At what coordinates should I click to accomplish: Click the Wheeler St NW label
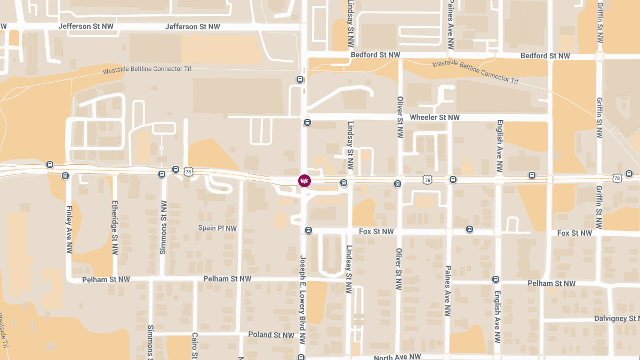pos(434,117)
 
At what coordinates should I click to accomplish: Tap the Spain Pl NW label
pos(217,228)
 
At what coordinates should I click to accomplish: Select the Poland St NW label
pos(271,335)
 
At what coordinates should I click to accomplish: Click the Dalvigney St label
pos(617,319)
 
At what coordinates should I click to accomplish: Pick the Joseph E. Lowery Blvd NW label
pos(302,299)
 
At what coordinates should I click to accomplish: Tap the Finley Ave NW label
pos(69,229)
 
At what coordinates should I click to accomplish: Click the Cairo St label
pos(195,347)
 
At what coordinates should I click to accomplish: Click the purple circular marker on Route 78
pos(304,181)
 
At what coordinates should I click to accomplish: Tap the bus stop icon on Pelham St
pos(495,279)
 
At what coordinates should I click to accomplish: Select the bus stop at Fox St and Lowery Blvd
pos(308,230)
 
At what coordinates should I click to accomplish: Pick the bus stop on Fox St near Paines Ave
pos(469,229)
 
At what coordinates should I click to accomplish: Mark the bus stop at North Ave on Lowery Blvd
pos(301,357)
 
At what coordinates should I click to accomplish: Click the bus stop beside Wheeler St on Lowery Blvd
pos(307,123)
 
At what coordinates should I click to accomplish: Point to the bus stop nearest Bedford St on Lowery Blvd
pos(300,79)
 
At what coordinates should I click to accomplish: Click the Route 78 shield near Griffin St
pos(617,178)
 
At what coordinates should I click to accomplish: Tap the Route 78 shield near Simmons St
pos(188,172)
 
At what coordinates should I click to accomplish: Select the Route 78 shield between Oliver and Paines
pos(427,180)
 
